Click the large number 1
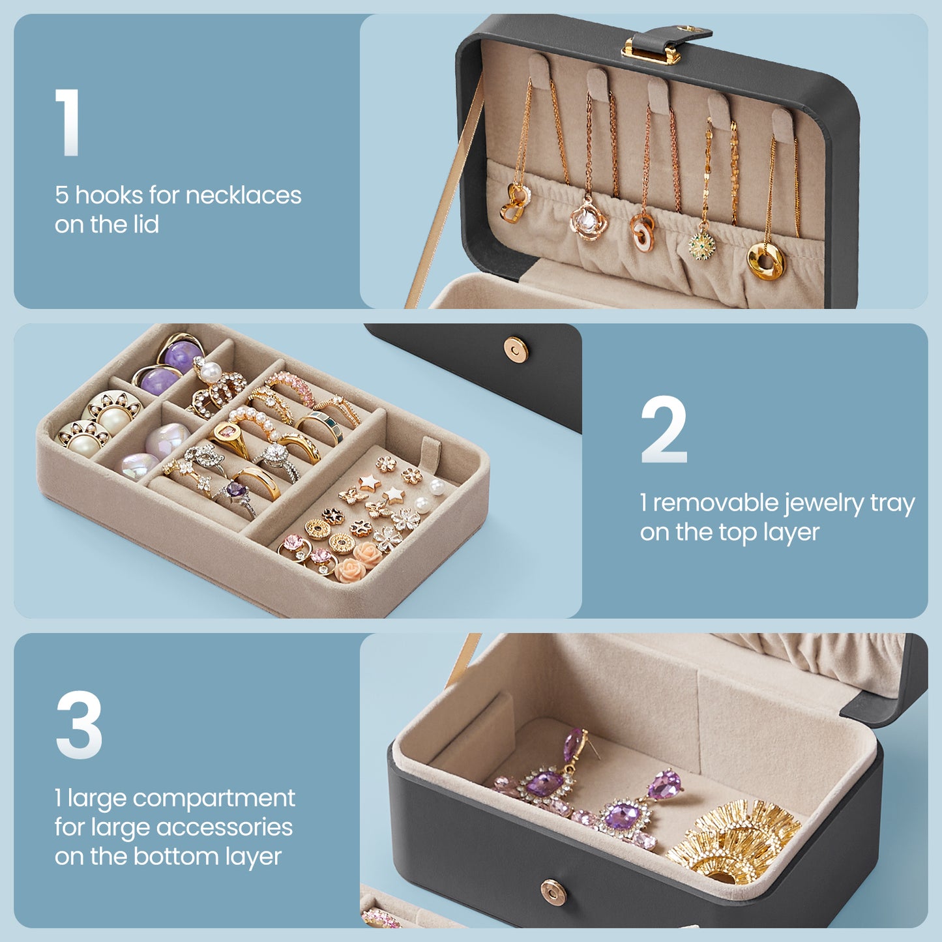click(x=68, y=122)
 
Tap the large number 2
click(x=664, y=429)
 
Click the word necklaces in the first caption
click(x=243, y=195)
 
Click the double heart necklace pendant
click(x=515, y=202)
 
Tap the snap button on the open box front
click(x=554, y=892)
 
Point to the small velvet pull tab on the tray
click(x=431, y=450)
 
